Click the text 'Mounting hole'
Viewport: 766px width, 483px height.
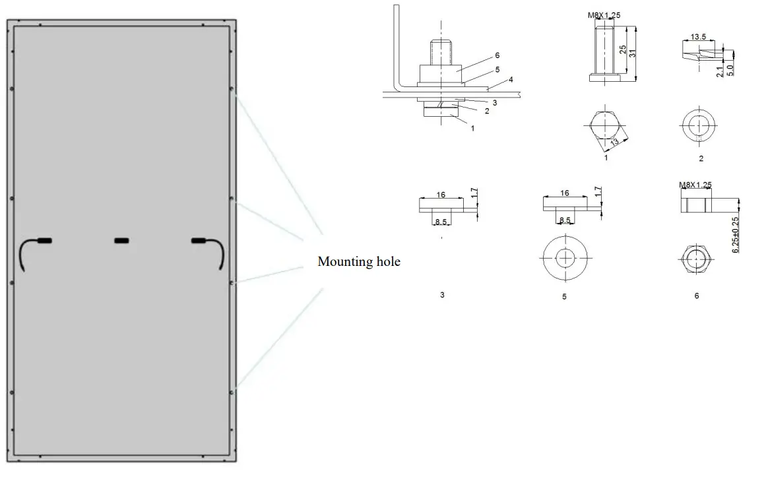(x=359, y=262)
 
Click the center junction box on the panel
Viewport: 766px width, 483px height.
(x=122, y=241)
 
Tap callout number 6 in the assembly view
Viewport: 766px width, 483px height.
(x=497, y=56)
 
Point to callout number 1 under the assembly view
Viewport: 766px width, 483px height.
(x=472, y=129)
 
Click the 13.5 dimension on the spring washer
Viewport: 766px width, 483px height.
(x=696, y=38)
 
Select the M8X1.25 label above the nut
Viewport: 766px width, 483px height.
(x=695, y=185)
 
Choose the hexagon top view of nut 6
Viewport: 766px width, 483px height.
(x=696, y=259)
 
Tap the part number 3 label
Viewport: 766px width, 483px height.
(x=442, y=295)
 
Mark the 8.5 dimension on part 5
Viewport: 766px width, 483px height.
(x=565, y=220)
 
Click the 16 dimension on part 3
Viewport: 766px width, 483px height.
(x=441, y=195)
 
